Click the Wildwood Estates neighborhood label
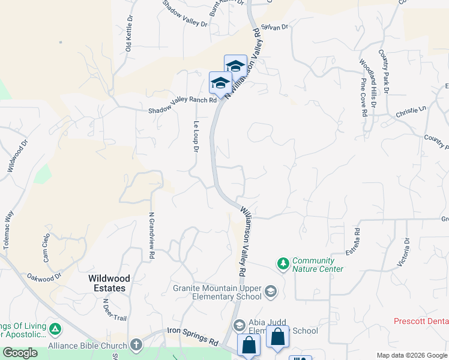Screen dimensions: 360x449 (x=107, y=283)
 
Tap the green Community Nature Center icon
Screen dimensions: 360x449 (x=283, y=263)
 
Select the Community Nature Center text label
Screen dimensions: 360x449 (x=318, y=265)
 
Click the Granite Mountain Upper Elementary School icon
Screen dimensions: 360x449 (x=270, y=292)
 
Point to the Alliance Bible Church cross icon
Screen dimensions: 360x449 (x=136, y=345)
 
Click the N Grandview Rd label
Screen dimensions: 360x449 (x=151, y=236)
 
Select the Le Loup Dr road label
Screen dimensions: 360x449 (x=196, y=136)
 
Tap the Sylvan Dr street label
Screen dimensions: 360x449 (x=275, y=27)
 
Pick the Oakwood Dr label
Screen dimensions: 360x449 (x=44, y=277)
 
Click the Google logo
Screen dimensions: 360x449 (x=20, y=353)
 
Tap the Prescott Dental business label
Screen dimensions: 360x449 (x=421, y=321)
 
